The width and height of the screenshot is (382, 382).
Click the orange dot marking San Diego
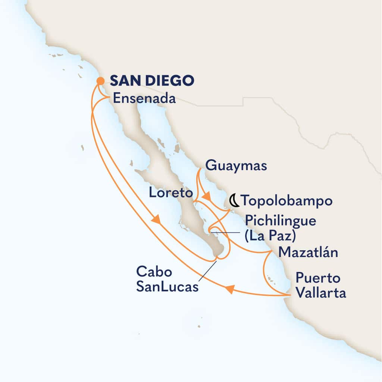pos(100,81)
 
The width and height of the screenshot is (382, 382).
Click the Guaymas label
pos(236,166)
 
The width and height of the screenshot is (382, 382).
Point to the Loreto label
pos(170,193)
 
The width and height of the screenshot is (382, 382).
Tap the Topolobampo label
pos(286,201)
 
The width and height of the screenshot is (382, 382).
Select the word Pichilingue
pos(281,220)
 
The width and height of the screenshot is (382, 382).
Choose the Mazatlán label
pos(309,253)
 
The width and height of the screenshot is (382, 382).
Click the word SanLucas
pos(167,287)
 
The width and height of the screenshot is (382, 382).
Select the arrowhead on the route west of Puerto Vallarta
pos(230,289)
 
